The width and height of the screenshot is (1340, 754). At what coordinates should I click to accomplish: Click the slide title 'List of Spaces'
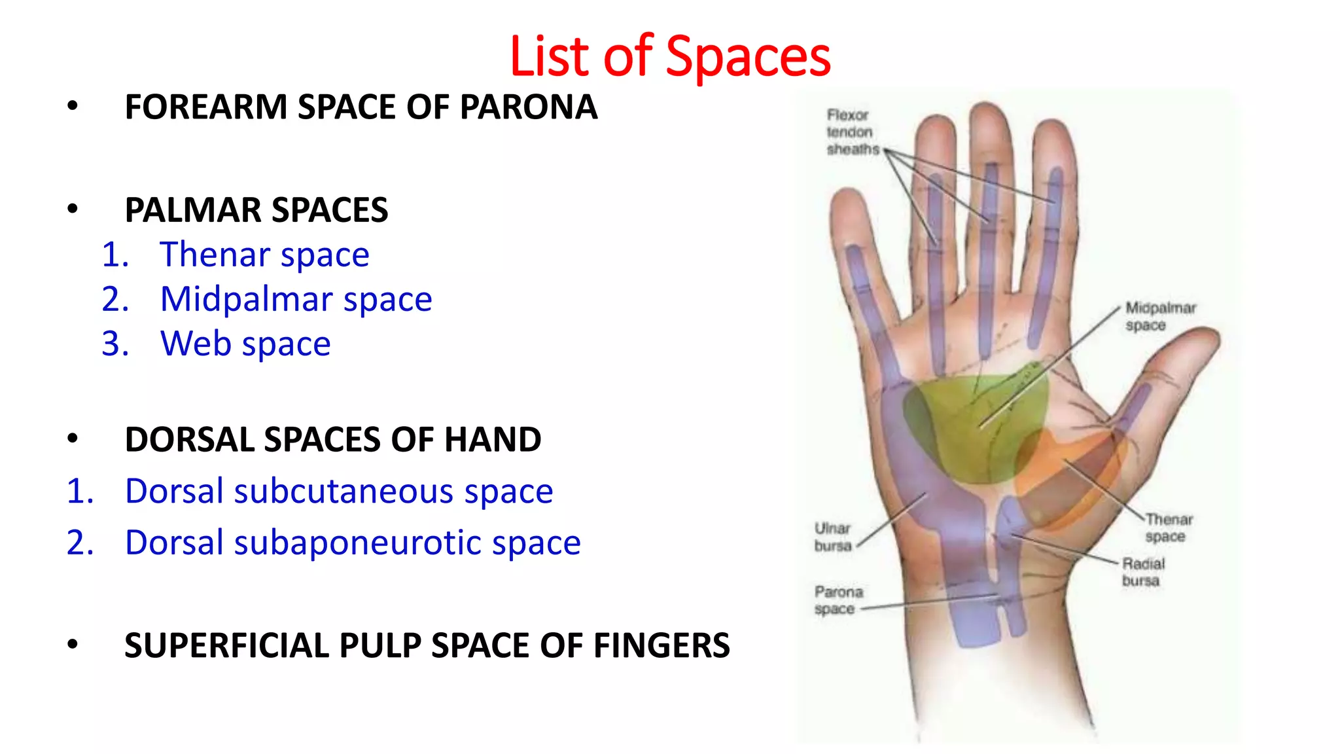[669, 56]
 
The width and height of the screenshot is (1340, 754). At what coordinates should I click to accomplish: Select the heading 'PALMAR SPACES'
[256, 210]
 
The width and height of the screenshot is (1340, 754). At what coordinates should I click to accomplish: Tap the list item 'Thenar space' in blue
[264, 255]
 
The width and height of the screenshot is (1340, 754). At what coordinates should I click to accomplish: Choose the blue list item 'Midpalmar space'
[296, 299]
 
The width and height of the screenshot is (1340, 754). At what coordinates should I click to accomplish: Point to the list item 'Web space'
[245, 344]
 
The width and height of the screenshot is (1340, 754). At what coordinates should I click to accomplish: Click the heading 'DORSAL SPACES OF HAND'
[332, 439]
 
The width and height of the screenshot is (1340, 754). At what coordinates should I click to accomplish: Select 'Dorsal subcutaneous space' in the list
[339, 491]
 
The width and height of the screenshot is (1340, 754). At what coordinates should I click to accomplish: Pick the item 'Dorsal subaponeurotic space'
[353, 543]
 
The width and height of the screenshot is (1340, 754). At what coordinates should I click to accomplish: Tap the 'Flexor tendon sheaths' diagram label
[851, 132]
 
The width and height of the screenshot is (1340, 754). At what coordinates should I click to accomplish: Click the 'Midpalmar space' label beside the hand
[1159, 316]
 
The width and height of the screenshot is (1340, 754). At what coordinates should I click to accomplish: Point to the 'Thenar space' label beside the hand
[1168, 528]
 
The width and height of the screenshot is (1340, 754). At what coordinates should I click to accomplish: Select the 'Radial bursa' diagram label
[1142, 571]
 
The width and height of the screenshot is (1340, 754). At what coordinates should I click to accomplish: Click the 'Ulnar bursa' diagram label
[833, 537]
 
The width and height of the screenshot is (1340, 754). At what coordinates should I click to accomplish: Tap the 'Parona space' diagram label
[838, 600]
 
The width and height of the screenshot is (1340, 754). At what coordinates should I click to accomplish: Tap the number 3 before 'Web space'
[115, 344]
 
